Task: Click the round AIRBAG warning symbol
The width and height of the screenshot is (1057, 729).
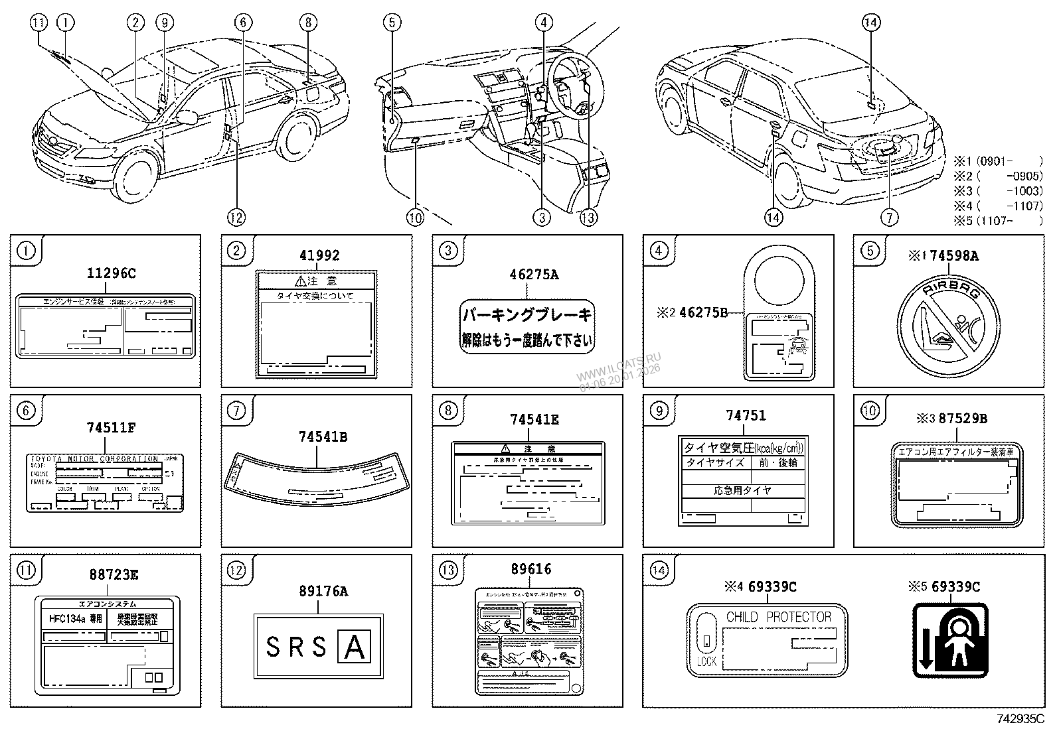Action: click(947, 326)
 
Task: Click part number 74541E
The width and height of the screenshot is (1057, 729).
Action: click(534, 419)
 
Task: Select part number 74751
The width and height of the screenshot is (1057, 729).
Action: click(745, 416)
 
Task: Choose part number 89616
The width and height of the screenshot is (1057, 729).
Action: click(531, 569)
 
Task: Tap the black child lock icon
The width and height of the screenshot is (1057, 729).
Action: click(950, 639)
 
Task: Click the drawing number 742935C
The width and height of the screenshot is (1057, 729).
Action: click(1018, 718)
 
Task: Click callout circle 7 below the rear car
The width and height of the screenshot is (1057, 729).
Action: click(889, 217)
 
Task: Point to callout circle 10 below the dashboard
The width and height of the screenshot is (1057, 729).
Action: click(414, 217)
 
